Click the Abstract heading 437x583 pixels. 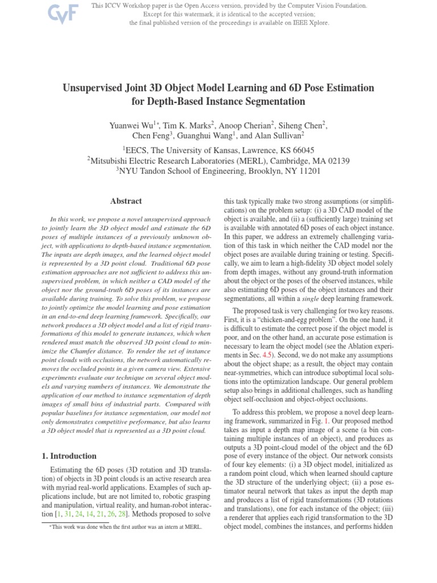[x=126, y=201]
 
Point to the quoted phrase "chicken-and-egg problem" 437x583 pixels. [x=291, y=319]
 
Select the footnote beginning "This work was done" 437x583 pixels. [x=125, y=528]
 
